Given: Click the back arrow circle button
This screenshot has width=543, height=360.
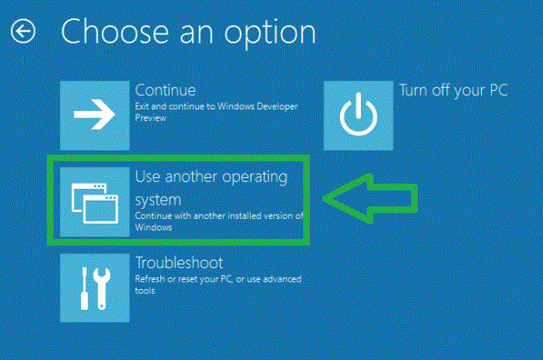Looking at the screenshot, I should [23, 32].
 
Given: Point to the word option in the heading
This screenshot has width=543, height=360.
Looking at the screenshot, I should [268, 33].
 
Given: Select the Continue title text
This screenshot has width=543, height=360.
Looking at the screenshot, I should [165, 89].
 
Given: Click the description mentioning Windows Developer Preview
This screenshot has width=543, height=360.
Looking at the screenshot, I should [216, 112].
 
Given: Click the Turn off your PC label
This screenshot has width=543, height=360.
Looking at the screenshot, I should [454, 90].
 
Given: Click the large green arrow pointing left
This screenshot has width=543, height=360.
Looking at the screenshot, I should [370, 198].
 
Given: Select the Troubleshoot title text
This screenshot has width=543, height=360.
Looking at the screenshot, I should [177, 262].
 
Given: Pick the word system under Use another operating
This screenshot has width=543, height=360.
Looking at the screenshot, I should [158, 200].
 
